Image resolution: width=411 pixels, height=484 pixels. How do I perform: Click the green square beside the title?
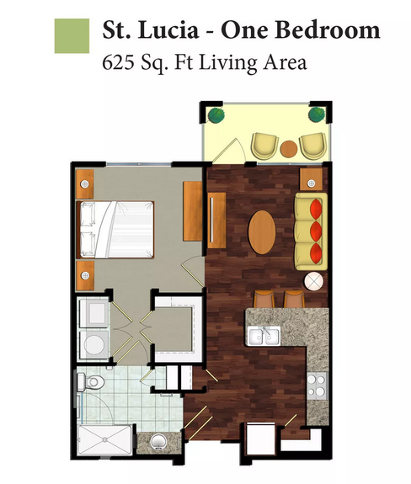tap(72, 36)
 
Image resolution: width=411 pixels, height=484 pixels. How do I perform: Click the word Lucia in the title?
tap(168, 30)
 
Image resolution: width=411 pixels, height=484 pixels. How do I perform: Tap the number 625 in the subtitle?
tap(118, 62)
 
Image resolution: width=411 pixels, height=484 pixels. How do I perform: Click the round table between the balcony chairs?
tap(289, 149)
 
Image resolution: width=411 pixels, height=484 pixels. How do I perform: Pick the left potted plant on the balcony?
tap(216, 115)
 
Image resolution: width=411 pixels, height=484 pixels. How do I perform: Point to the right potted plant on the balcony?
tap(317, 114)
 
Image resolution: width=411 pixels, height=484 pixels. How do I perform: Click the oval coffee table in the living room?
tap(262, 232)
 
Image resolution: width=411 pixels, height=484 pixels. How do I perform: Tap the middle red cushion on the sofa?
tap(316, 231)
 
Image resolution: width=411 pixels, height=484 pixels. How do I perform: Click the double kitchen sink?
tap(264, 336)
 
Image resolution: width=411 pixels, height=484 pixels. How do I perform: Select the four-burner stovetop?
tap(317, 386)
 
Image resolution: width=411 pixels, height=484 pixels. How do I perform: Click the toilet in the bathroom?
tap(91, 382)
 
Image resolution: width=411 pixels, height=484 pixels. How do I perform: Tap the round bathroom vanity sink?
tap(158, 442)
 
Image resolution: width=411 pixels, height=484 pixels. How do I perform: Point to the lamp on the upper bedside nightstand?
tap(84, 184)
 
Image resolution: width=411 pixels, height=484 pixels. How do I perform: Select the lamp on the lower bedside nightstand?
tap(85, 275)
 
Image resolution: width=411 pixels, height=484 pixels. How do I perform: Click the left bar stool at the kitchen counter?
tap(264, 299)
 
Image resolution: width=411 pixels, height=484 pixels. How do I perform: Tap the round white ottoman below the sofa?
tap(314, 281)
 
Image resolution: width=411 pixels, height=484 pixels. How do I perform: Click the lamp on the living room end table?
tap(311, 183)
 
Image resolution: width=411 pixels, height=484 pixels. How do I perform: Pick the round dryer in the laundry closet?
tap(93, 344)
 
